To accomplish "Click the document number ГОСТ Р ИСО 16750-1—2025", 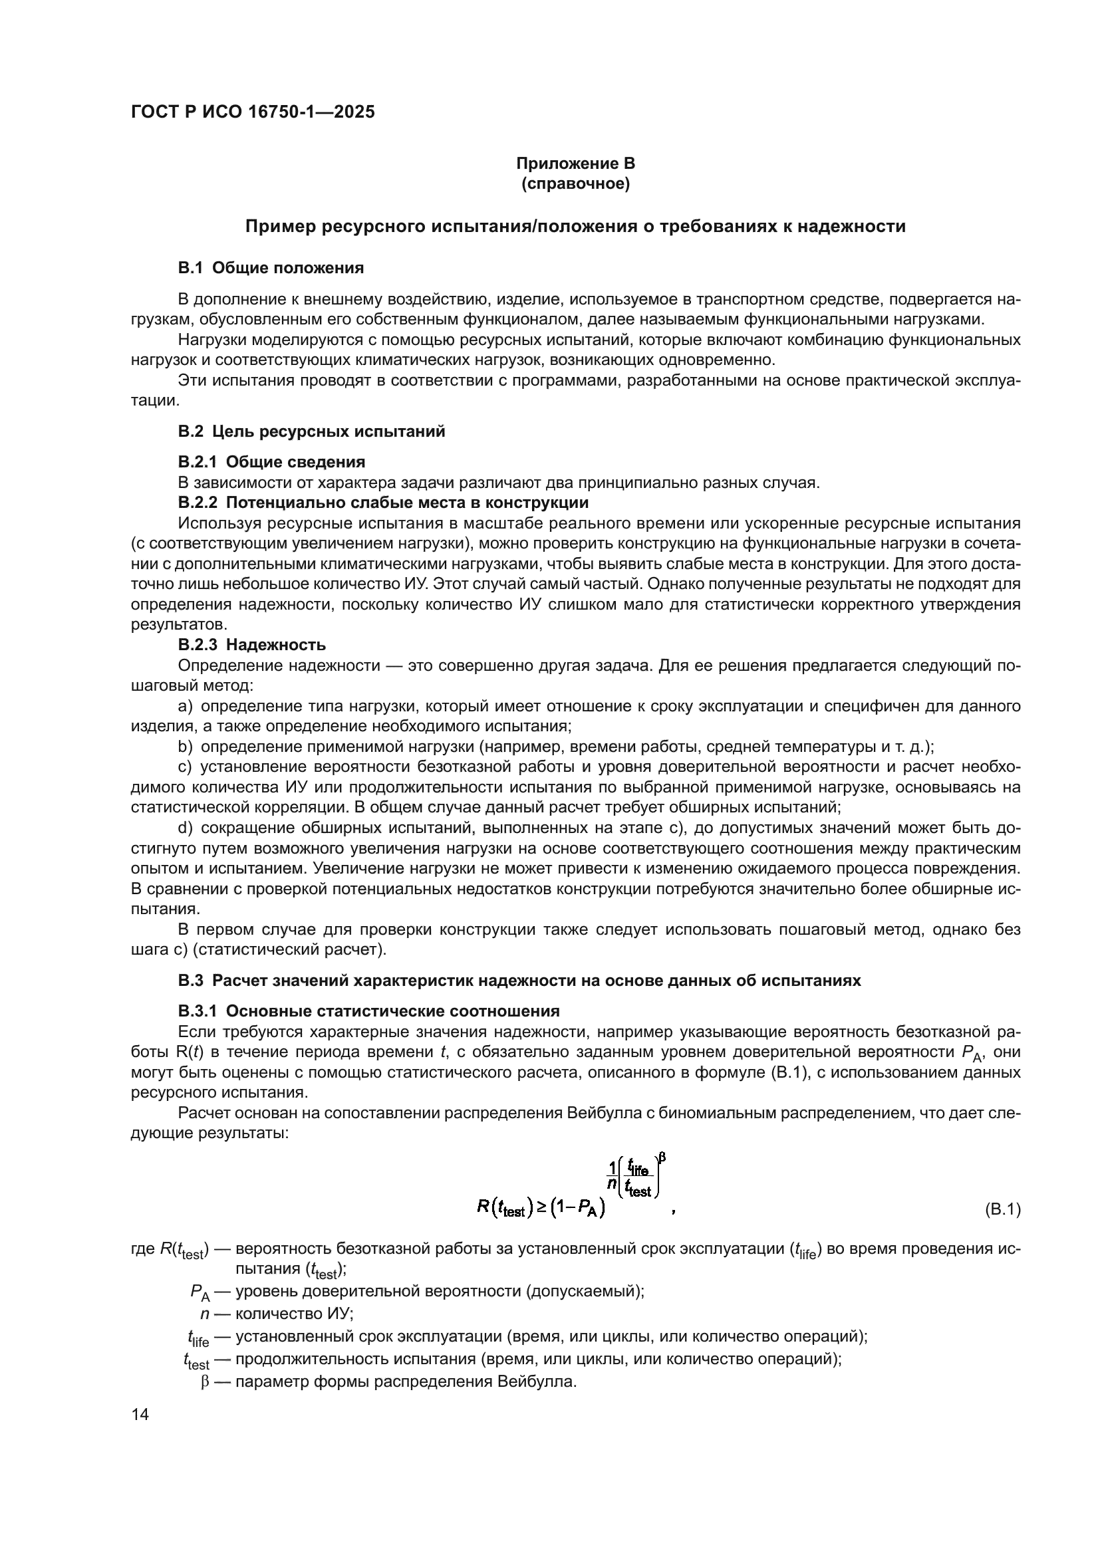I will click(x=252, y=112).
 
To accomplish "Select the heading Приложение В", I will click(x=575, y=164).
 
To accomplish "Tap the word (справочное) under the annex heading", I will click(x=575, y=184).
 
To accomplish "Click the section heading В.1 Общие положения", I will click(x=271, y=268).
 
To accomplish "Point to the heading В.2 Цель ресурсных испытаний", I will click(x=311, y=431).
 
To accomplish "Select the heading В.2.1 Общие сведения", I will click(x=271, y=462).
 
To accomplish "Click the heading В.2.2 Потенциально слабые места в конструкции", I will click(x=383, y=503).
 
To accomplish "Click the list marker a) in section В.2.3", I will click(x=185, y=707).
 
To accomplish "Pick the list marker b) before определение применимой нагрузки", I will click(x=185, y=747).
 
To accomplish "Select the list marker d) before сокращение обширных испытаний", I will click(x=185, y=828).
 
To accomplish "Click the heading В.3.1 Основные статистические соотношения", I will click(x=369, y=1011).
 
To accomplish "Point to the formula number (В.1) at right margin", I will click(x=1002, y=1209).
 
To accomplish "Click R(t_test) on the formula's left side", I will click(x=502, y=1209).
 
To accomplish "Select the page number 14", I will click(x=140, y=1415).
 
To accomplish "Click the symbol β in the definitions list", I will click(x=205, y=1382).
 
